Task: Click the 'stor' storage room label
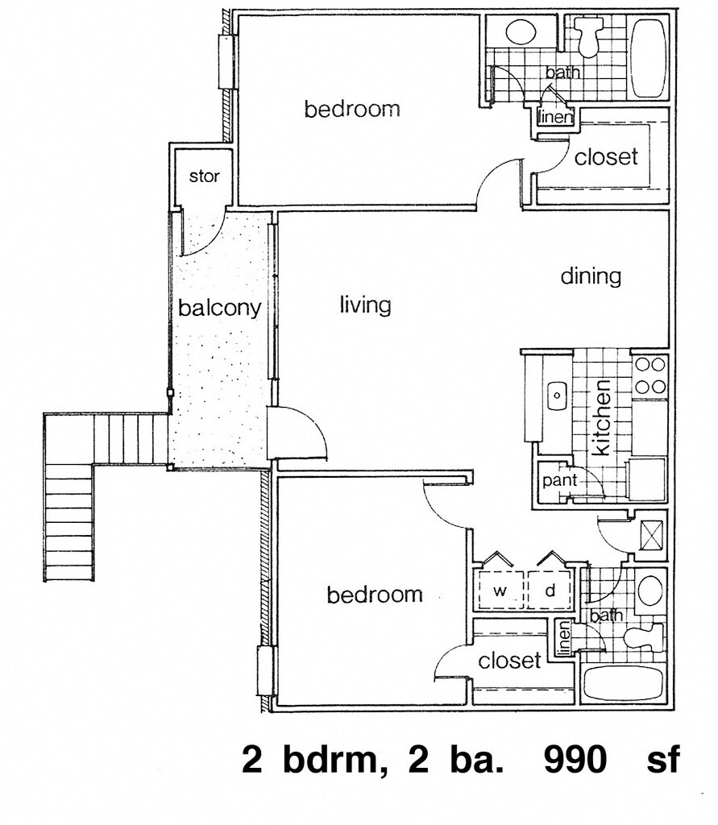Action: click(x=204, y=176)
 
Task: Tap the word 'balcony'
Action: click(x=219, y=308)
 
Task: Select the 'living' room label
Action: click(x=365, y=305)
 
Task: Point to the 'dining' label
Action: click(x=591, y=276)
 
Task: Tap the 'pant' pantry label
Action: click(x=559, y=480)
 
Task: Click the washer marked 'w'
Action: click(x=500, y=590)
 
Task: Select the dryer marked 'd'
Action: click(x=550, y=590)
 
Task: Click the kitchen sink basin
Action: click(x=556, y=395)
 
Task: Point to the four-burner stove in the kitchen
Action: click(x=650, y=376)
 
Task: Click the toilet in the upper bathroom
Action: click(x=587, y=35)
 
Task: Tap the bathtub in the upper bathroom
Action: click(x=649, y=58)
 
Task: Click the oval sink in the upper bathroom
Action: click(x=521, y=32)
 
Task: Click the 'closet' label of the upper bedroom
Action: click(x=606, y=156)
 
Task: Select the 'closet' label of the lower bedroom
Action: click(x=509, y=660)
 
